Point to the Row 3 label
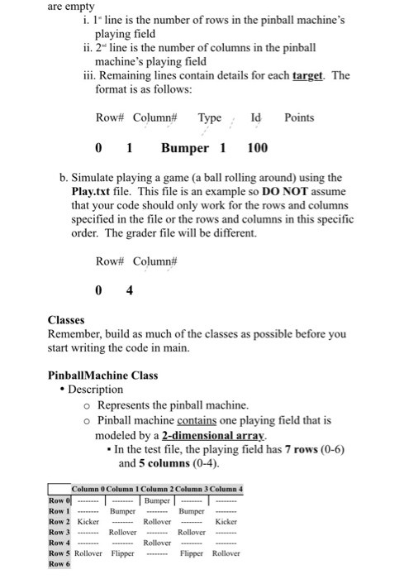click(59, 533)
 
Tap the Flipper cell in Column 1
click(123, 553)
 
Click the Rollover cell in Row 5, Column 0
click(88, 553)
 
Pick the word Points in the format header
click(298, 117)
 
